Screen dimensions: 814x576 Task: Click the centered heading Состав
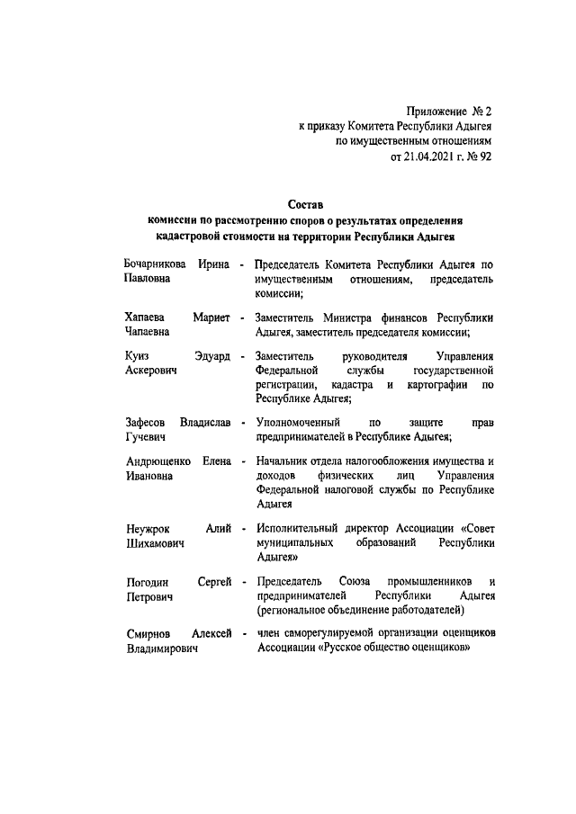coord(303,206)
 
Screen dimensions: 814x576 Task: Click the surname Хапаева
coord(145,318)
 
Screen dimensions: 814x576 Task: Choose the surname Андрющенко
coord(158,461)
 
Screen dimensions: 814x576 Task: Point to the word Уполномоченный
coord(298,422)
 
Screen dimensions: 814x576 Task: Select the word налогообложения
coord(384,461)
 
